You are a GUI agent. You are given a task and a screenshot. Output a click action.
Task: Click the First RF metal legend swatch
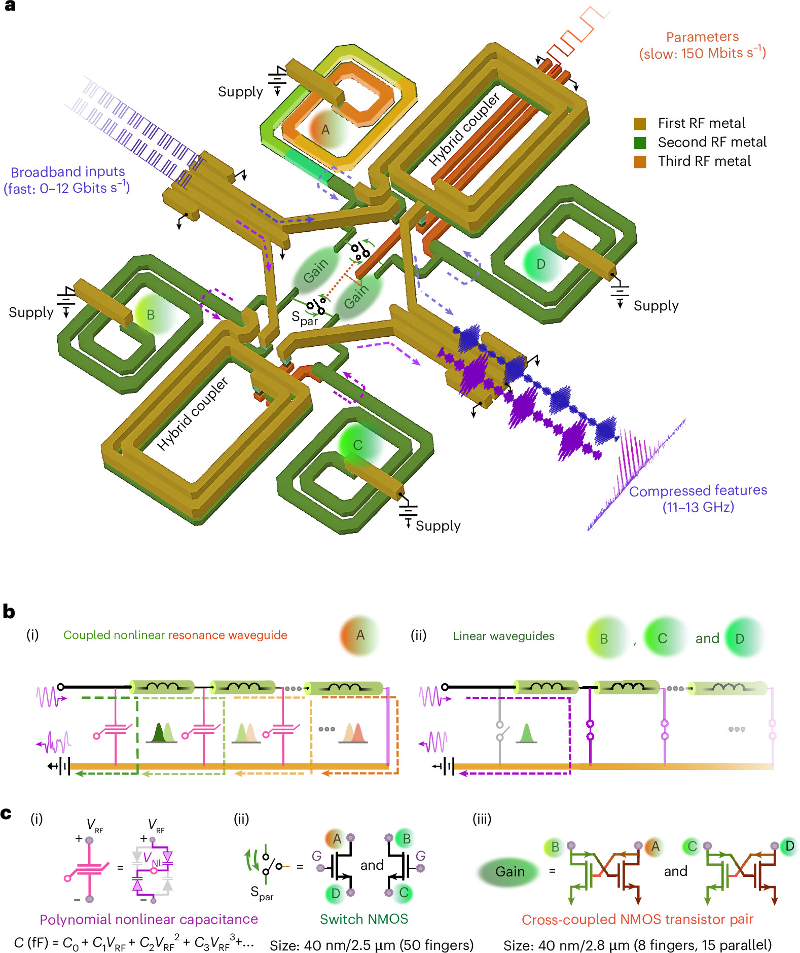tap(640, 124)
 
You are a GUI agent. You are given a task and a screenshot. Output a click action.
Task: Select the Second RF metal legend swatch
tap(640, 143)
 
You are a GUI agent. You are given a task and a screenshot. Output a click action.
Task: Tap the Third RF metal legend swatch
tap(640, 162)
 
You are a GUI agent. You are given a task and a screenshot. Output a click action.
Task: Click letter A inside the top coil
tap(325, 130)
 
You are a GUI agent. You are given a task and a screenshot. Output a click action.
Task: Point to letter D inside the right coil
tap(541, 264)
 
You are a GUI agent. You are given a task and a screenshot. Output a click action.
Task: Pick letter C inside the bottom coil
tap(357, 445)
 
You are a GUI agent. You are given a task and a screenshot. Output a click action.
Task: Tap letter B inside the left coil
tap(151, 315)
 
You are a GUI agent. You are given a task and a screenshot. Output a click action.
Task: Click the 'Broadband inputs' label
tap(67, 172)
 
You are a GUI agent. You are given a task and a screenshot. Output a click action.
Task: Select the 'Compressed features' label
tap(698, 490)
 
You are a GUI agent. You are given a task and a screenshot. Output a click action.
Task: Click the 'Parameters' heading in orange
tap(702, 37)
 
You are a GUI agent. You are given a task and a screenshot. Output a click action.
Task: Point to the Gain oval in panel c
tap(510, 871)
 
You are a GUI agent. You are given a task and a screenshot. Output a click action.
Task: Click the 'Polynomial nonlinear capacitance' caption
tap(149, 919)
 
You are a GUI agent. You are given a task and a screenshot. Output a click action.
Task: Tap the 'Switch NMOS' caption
tap(363, 919)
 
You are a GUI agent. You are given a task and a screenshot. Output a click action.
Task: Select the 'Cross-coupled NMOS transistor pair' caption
tap(637, 919)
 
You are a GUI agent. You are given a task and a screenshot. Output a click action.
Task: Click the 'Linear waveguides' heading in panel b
tap(503, 636)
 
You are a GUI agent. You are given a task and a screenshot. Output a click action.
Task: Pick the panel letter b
tap(9, 612)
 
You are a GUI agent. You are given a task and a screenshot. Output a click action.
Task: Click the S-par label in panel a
tap(304, 318)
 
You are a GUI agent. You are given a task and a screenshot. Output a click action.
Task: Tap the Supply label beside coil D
tap(656, 306)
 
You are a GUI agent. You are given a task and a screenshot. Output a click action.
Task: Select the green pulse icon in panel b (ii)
tap(526, 733)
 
